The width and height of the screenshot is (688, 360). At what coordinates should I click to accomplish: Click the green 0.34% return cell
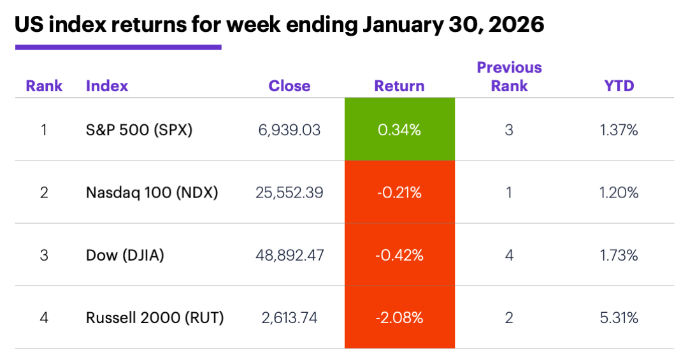point(399,130)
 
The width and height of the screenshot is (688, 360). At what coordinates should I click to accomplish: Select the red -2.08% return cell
point(399,317)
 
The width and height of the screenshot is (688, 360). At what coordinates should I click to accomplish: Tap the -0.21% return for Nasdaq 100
point(399,192)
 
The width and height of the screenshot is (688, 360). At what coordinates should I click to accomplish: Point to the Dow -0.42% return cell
point(399,256)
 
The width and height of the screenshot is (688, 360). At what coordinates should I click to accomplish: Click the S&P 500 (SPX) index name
point(139,130)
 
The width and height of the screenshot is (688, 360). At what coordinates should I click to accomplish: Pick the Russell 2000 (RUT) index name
point(155,317)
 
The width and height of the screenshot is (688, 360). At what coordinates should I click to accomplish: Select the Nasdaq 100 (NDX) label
point(152,192)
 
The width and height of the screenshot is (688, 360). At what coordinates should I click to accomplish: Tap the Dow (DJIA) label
point(125,256)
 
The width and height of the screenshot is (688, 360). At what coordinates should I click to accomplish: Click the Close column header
point(289,86)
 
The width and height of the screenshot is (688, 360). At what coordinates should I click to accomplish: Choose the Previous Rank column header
point(509,76)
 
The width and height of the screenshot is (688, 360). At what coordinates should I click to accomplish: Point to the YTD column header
point(619,86)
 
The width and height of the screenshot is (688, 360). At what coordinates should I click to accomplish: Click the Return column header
point(399,86)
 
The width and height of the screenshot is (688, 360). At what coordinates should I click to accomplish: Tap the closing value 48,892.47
point(290,256)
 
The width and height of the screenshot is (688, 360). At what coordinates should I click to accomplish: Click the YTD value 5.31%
point(620,317)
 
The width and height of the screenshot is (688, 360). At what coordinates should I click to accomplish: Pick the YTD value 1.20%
point(620,192)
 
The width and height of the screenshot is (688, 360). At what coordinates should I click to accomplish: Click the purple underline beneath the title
point(118,47)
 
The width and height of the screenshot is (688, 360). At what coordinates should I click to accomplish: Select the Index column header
point(106,86)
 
